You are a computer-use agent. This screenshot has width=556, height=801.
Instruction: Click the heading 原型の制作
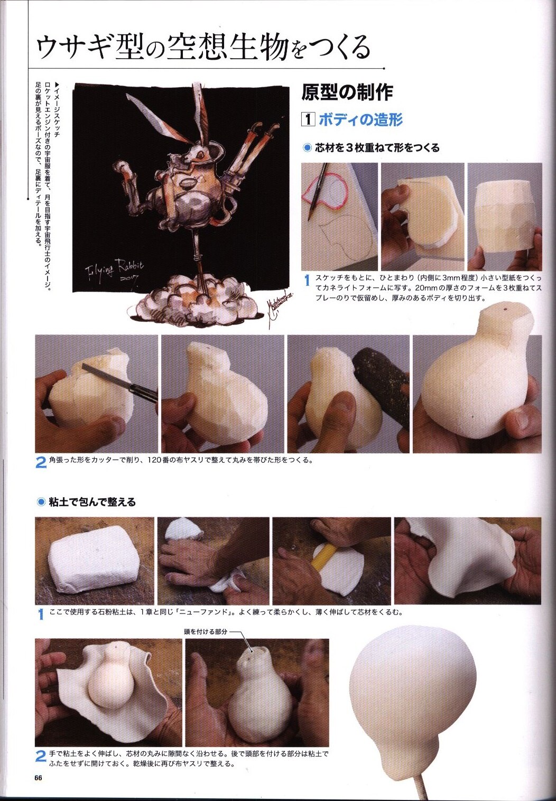pyautogui.click(x=347, y=92)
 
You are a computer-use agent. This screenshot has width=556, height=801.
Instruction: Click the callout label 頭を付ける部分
pyautogui.click(x=206, y=632)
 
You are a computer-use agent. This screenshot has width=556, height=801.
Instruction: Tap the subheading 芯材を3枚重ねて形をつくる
pyautogui.click(x=377, y=148)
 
